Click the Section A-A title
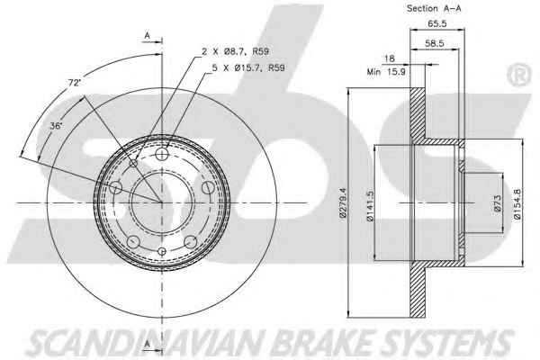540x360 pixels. (434, 9)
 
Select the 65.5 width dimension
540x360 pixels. (437, 23)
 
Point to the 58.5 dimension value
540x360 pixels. (435, 43)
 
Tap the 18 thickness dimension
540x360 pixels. (389, 58)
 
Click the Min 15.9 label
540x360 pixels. (386, 72)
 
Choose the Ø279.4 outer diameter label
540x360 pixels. (344, 202)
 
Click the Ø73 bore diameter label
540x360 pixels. (498, 203)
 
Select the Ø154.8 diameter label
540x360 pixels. (517, 204)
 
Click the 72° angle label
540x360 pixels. (74, 83)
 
